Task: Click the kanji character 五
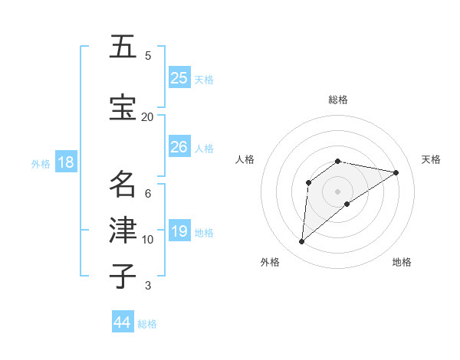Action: (x=123, y=47)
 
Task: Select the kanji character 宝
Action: (x=123, y=107)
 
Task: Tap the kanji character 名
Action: (x=123, y=185)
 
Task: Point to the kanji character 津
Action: (x=123, y=231)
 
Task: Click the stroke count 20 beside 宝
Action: (x=147, y=116)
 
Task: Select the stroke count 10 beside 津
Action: (x=147, y=240)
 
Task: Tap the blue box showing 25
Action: (x=179, y=77)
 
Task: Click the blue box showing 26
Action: (x=179, y=147)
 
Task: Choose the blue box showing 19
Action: (x=179, y=231)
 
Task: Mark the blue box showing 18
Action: (x=65, y=162)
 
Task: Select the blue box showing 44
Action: (x=122, y=322)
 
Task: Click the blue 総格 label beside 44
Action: (x=147, y=324)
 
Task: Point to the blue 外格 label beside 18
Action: (x=41, y=163)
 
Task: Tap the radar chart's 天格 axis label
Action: (x=431, y=159)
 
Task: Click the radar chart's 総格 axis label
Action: (x=337, y=100)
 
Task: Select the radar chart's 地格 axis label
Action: (x=402, y=262)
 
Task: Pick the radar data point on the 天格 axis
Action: (x=396, y=172)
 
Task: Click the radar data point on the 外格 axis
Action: (x=302, y=242)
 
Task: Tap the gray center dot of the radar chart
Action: (x=337, y=191)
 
